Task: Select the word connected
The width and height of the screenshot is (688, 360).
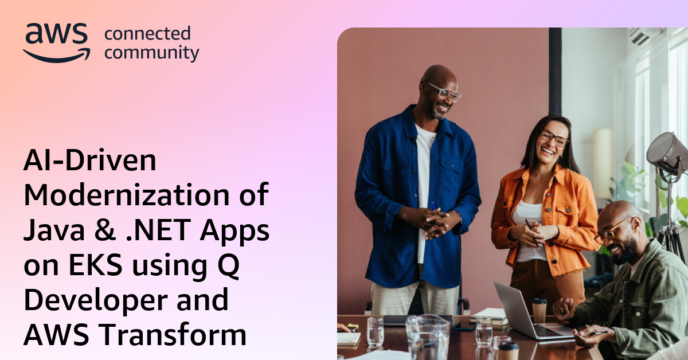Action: point(147,34)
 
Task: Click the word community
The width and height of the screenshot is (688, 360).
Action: point(152,53)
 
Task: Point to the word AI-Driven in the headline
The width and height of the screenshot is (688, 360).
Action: point(89,162)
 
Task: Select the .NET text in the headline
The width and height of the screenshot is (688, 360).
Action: point(163,231)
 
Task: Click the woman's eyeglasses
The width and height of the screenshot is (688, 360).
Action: point(553,138)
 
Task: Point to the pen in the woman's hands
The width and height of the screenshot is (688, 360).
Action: point(532,232)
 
